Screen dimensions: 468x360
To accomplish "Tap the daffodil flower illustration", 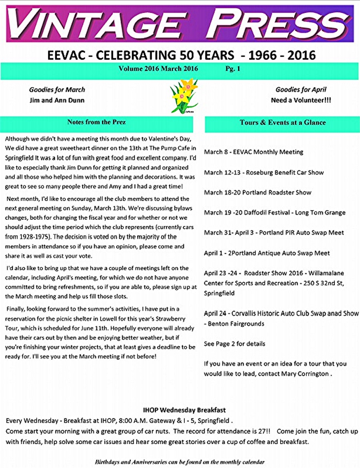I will (x=184, y=96).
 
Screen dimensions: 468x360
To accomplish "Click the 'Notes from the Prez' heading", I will (x=96, y=122).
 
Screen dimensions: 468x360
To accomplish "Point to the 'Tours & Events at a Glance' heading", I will (x=283, y=123).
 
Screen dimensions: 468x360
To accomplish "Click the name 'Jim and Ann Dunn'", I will (x=57, y=100).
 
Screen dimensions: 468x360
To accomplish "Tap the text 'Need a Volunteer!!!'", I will (x=301, y=100).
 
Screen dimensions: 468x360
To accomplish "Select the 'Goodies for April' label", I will (x=301, y=90).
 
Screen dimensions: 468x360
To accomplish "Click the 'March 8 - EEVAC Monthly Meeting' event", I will (x=254, y=152).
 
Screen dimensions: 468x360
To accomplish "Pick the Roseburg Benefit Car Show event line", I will (x=264, y=172).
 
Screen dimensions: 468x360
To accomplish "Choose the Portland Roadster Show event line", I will (x=258, y=192).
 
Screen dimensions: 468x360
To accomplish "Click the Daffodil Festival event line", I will (x=274, y=213).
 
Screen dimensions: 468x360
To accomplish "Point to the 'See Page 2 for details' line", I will (x=234, y=344).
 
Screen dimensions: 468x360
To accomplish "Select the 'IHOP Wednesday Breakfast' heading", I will (x=184, y=410).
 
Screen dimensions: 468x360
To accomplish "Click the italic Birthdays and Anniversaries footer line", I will (x=180, y=462).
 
